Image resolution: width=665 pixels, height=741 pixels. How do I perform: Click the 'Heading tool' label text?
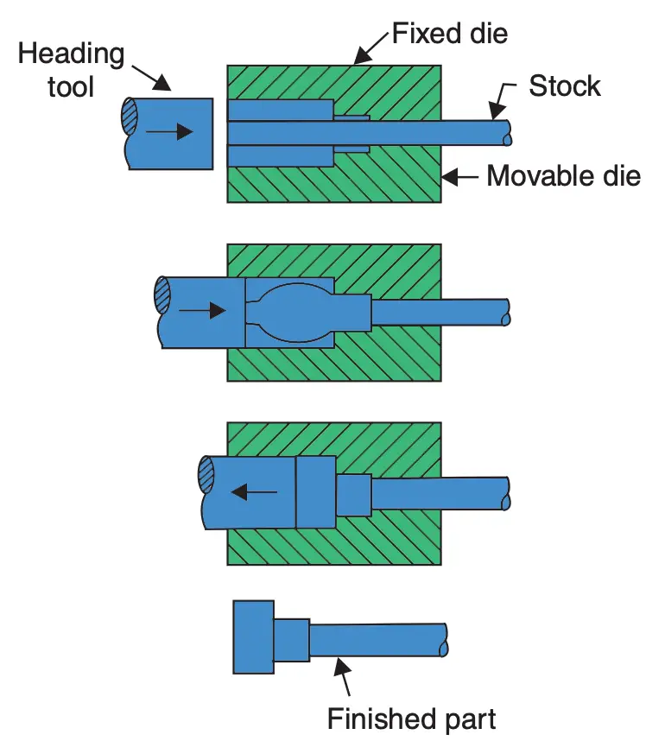pos(71,69)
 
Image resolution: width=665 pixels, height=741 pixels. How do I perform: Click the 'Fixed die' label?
pos(449,34)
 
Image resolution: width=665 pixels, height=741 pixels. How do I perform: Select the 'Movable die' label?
pos(564,176)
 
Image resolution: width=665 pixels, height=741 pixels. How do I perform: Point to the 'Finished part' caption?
pos(412,718)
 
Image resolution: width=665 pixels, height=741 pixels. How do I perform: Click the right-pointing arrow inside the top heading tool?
pos(168,131)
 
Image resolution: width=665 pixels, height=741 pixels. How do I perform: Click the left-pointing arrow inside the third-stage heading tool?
pos(254,492)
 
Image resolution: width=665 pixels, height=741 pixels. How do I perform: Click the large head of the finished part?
pos(253,636)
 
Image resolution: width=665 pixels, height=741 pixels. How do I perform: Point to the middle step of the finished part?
pos(291,640)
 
